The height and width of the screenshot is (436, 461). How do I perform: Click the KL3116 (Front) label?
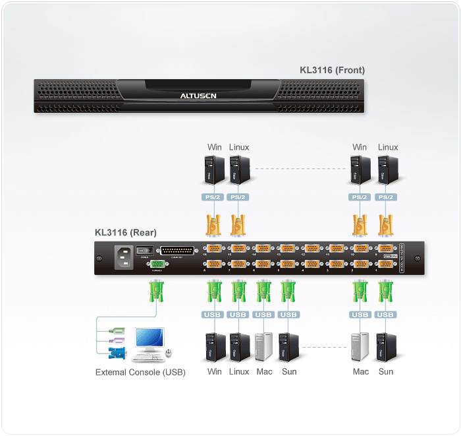[x=332, y=70]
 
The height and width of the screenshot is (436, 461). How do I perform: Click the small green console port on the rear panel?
[x=157, y=265]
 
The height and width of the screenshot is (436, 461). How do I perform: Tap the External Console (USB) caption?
[x=140, y=372]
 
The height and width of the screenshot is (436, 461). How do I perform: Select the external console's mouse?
[x=169, y=353]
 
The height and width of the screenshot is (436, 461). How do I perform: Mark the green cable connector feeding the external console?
[x=157, y=291]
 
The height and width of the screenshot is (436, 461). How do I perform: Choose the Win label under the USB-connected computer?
[x=215, y=371]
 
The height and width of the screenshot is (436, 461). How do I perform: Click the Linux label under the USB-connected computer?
[x=239, y=371]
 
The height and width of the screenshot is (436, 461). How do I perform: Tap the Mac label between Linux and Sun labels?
[x=264, y=371]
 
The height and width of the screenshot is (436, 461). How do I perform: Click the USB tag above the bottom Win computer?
[x=214, y=315]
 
